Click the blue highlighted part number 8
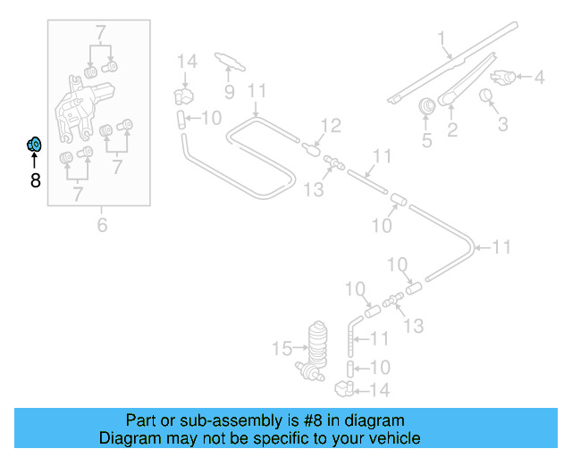(x=34, y=144)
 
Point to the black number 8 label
(x=35, y=181)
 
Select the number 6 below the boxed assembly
(x=102, y=225)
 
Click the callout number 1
(x=441, y=37)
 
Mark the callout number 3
(x=502, y=123)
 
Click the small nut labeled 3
(x=488, y=96)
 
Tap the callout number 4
(x=539, y=78)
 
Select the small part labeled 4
(x=506, y=78)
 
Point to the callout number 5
(x=426, y=139)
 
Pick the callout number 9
(x=228, y=91)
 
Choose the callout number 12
(x=331, y=126)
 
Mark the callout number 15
(x=282, y=347)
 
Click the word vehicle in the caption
(x=391, y=438)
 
